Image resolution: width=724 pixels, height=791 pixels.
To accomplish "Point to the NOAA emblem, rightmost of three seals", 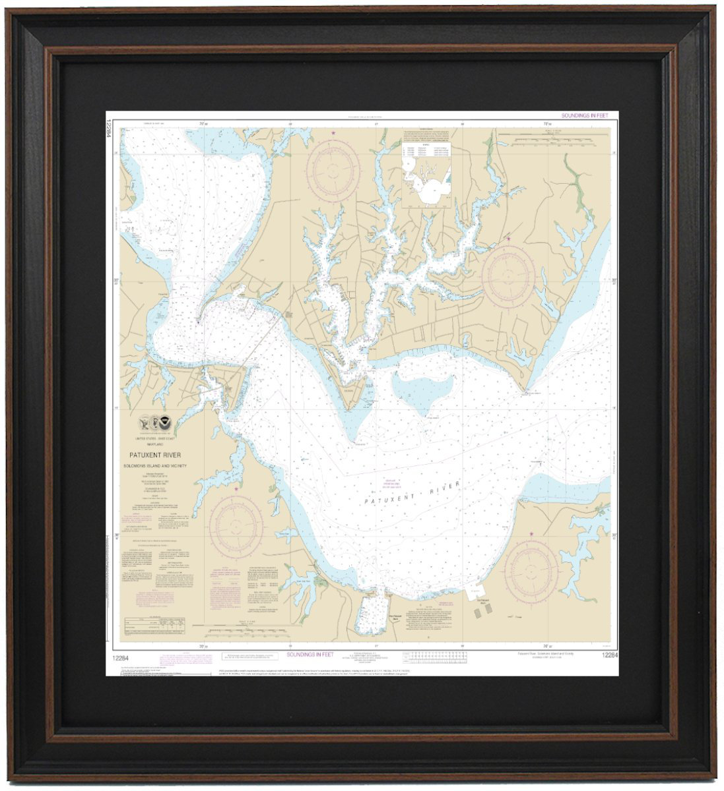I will point(163,422).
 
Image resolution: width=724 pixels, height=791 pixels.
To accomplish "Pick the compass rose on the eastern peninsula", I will point(508,276).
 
